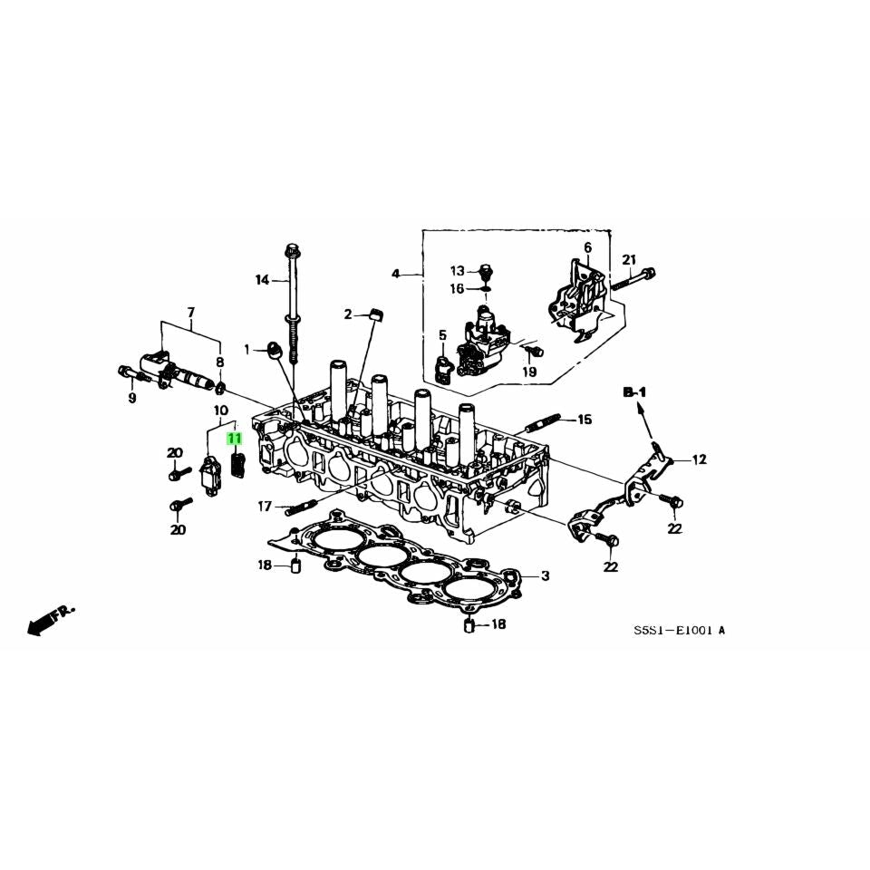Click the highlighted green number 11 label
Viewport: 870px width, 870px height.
click(234, 439)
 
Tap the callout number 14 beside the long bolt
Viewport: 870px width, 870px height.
click(262, 280)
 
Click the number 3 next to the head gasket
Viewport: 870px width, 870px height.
click(545, 576)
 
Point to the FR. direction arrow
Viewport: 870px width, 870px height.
click(50, 619)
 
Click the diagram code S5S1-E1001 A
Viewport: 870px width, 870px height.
click(679, 631)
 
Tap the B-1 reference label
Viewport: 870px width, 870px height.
click(634, 392)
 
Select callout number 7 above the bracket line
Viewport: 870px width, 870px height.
click(191, 313)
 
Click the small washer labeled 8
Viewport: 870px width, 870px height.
click(219, 387)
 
